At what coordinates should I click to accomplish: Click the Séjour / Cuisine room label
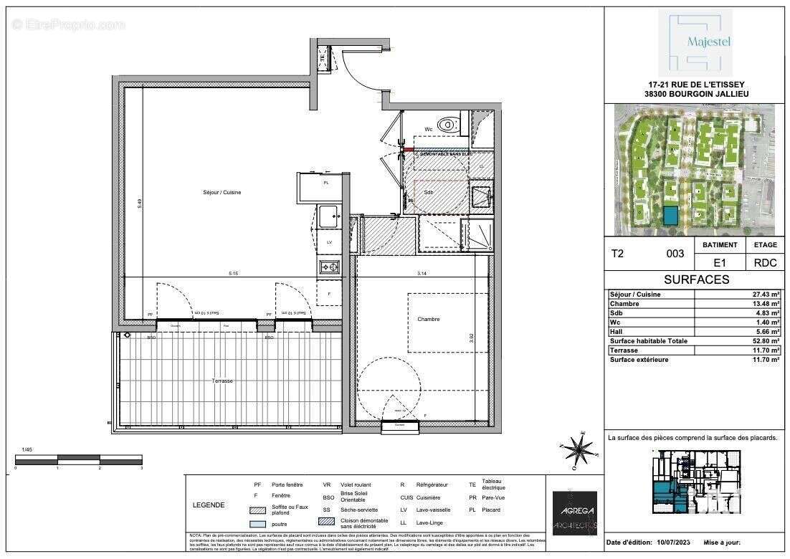[x=221, y=193]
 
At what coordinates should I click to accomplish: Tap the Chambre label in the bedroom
[x=430, y=319]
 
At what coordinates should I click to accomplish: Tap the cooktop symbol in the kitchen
[x=330, y=267]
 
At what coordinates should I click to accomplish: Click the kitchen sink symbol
[x=330, y=214]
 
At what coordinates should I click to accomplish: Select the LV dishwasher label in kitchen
[x=330, y=243]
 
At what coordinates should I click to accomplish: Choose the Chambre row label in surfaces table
[x=624, y=302]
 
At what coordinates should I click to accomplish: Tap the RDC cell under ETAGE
[x=765, y=263]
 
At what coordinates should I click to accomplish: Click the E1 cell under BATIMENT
[x=719, y=263]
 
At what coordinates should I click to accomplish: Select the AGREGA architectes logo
[x=575, y=512]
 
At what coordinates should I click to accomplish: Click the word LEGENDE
[x=209, y=505]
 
